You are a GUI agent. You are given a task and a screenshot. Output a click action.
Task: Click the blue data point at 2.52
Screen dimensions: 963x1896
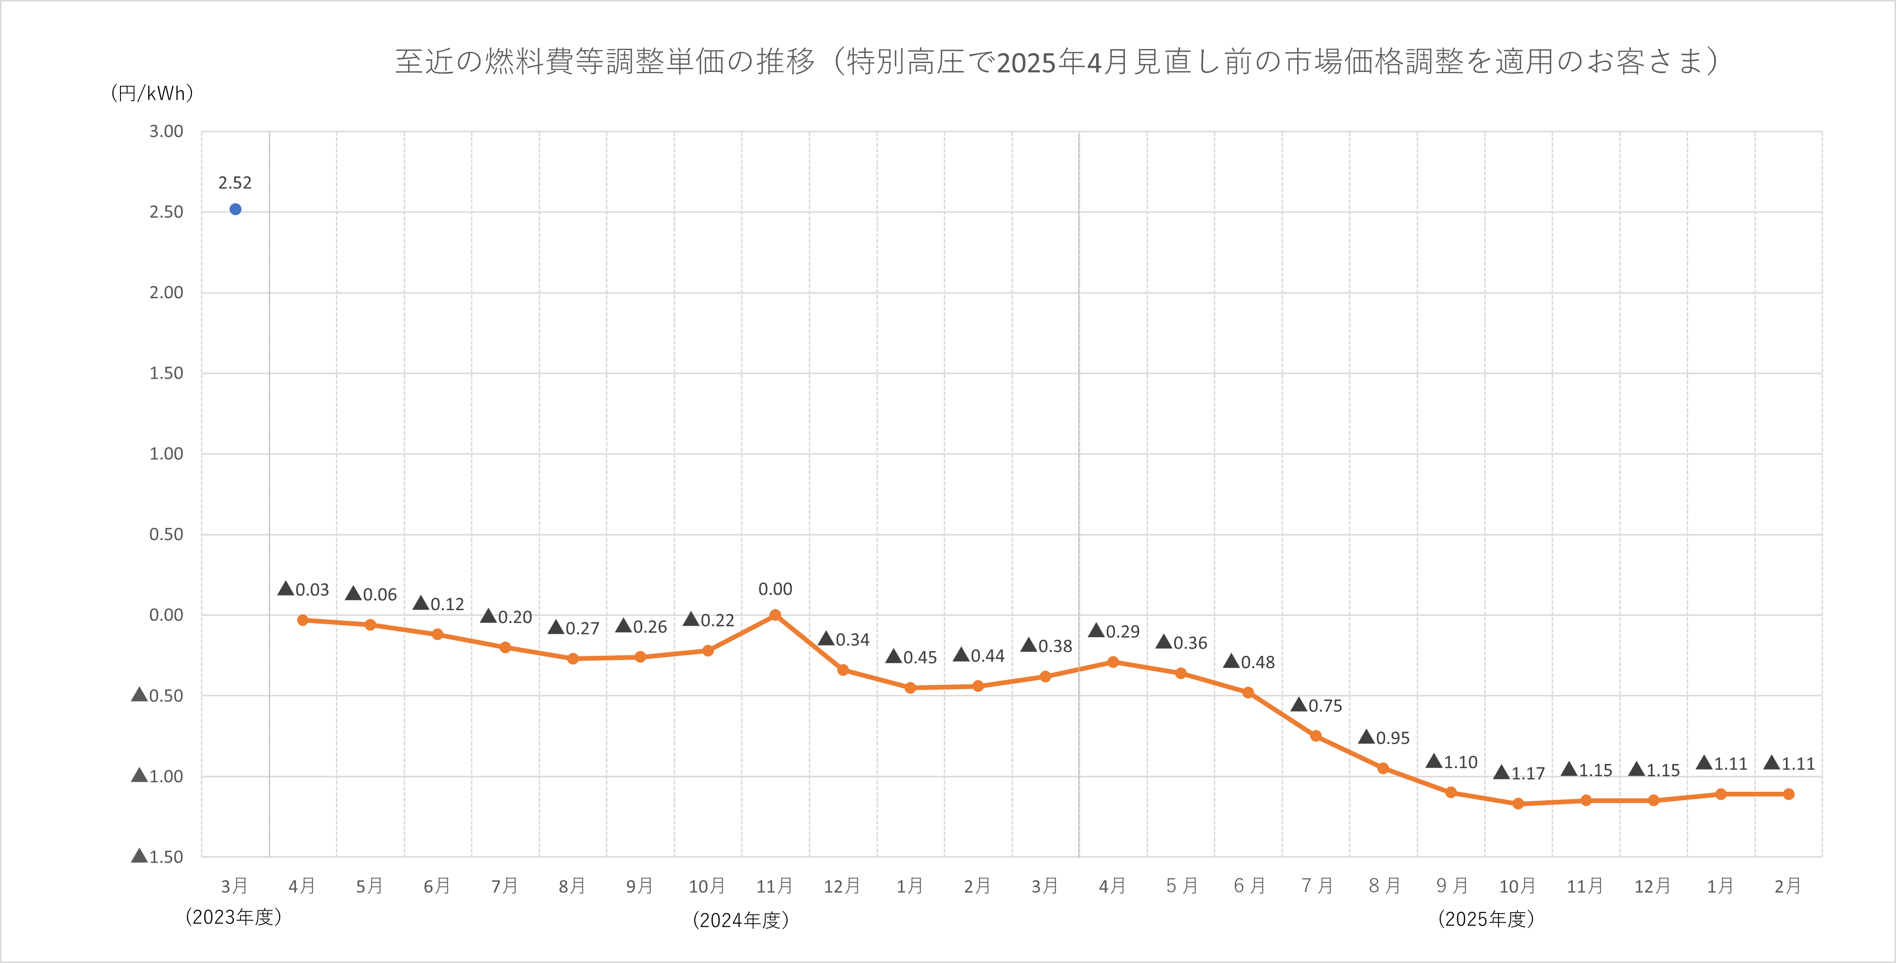(x=236, y=209)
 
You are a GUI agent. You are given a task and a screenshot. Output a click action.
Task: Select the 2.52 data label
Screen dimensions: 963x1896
(x=235, y=183)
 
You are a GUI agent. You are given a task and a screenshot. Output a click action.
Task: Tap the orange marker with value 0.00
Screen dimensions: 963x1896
(x=775, y=615)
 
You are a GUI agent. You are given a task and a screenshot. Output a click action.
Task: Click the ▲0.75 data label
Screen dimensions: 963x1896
(x=1317, y=705)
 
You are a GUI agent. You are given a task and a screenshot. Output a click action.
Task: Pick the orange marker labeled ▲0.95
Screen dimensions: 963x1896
(x=1383, y=768)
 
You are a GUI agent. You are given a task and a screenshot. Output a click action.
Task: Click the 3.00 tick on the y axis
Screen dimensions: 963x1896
(x=167, y=131)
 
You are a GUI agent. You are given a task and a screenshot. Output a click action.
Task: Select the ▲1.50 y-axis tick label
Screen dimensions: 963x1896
(x=158, y=856)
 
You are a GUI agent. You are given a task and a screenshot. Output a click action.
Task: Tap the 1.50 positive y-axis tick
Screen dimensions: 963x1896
(x=167, y=373)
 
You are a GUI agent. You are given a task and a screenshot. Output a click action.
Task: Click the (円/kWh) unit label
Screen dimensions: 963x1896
(x=151, y=93)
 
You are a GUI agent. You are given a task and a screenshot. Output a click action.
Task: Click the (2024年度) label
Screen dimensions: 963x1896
(x=741, y=920)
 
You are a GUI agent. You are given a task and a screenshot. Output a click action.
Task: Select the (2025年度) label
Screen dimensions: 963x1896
(x=1486, y=919)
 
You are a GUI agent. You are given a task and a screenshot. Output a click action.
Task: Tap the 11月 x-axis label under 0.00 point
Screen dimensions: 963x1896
(x=774, y=886)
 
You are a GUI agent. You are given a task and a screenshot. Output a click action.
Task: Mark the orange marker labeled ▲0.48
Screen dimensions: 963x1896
(x=1248, y=693)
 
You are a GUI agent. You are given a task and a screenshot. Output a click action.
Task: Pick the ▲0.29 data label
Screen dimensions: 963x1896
(x=1115, y=631)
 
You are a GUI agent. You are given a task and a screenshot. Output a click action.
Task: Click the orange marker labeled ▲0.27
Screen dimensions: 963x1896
(x=573, y=658)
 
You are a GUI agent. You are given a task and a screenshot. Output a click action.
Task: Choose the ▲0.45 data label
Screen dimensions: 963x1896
(x=911, y=657)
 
